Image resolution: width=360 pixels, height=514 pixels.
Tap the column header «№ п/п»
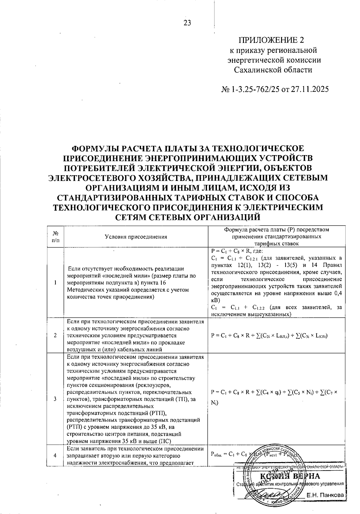(55, 236)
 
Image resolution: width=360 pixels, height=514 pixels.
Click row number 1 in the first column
(55, 283)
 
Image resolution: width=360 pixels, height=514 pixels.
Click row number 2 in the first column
(55, 335)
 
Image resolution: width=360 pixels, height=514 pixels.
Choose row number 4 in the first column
(55, 455)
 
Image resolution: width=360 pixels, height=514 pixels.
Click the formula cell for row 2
(269, 335)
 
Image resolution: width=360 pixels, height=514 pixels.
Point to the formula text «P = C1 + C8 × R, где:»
(237, 251)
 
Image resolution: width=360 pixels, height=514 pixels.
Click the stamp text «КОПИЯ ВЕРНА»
(290, 476)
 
